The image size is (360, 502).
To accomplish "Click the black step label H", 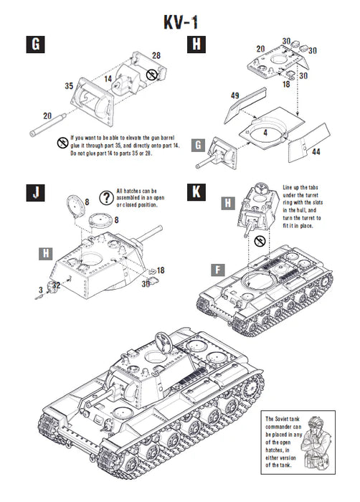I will point(196,44).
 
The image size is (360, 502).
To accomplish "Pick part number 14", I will point(106,77).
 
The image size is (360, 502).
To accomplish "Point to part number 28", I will point(156,55).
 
